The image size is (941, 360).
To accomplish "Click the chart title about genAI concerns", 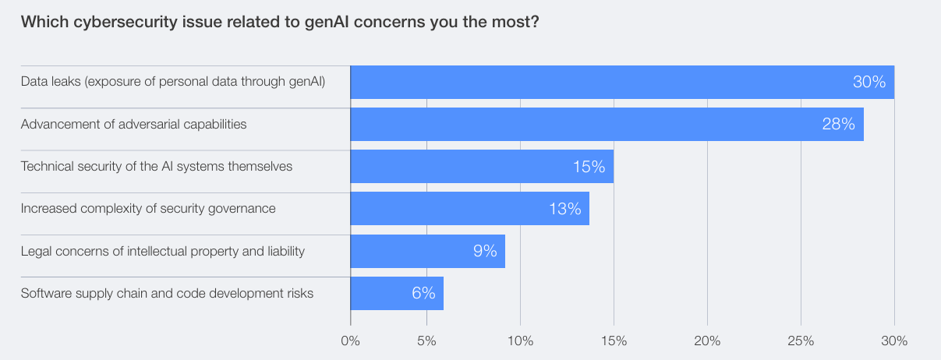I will coord(280,22).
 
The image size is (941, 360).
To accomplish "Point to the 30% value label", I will coord(868,82).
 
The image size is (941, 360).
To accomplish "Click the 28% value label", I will coord(838,124).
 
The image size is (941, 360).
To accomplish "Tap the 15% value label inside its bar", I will coord(588,166).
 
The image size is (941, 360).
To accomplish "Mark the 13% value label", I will coord(564,208).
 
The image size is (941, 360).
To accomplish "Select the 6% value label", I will coord(423,293).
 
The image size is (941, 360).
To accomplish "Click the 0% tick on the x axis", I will coord(351,341).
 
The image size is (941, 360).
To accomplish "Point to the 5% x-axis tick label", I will coord(427,341).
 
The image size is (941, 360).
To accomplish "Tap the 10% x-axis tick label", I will coord(520,341).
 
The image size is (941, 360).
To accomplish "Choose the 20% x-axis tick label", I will coord(707,341).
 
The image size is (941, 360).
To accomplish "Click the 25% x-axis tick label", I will coord(801,341).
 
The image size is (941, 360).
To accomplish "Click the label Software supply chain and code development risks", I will coord(168,293).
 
